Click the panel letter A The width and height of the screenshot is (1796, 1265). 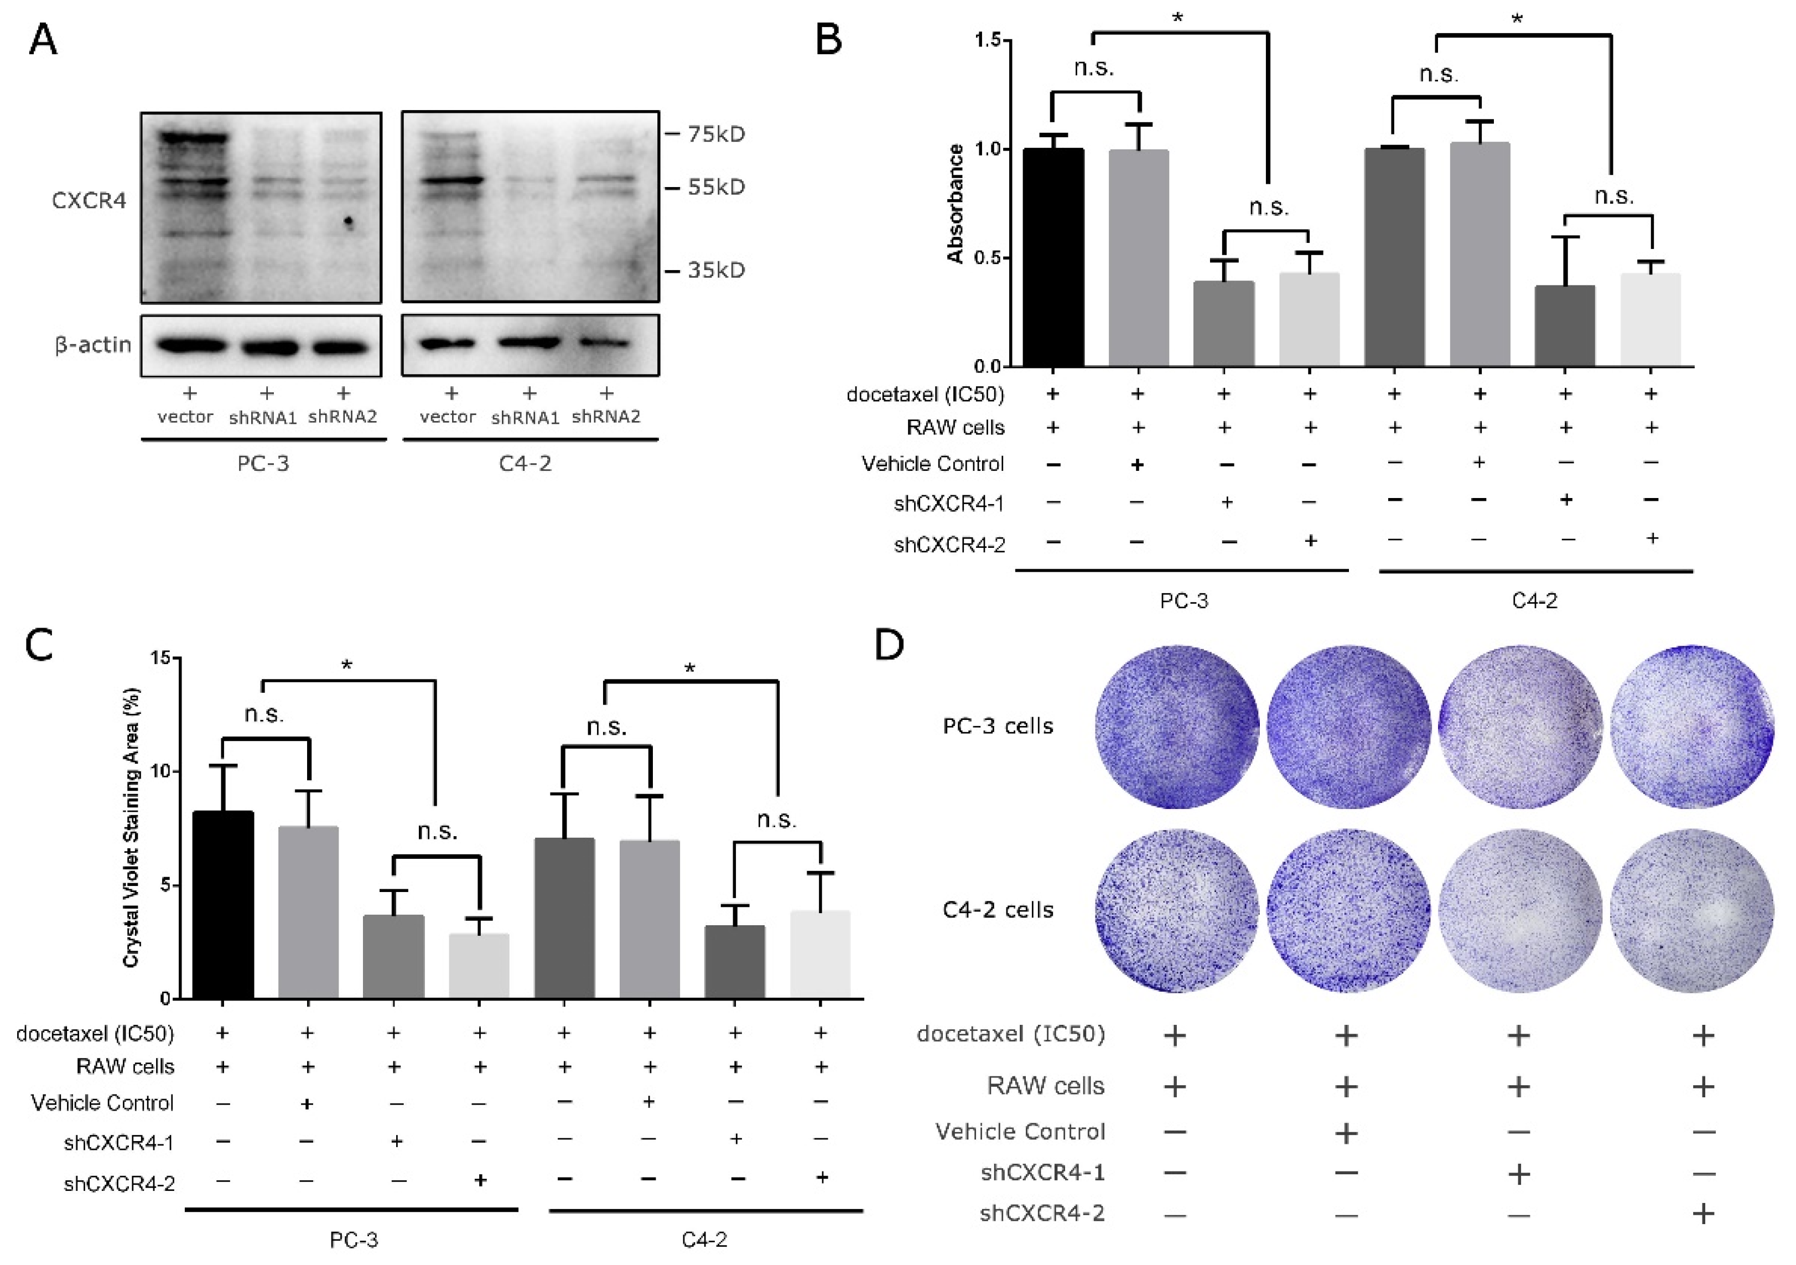point(43,39)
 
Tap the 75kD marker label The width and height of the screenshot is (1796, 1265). point(716,134)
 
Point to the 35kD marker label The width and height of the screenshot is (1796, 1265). point(716,270)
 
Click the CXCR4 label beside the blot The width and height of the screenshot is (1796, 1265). point(89,201)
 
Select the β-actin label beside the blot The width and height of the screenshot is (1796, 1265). point(92,345)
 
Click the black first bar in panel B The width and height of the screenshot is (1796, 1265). point(1053,258)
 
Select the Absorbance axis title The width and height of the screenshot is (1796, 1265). point(955,204)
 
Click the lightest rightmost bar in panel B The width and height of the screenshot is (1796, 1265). point(1650,321)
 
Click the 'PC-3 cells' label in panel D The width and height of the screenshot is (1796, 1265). point(998,726)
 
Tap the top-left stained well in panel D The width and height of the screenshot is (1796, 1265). point(1176,727)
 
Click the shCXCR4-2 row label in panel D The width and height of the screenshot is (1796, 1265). point(1042,1214)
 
